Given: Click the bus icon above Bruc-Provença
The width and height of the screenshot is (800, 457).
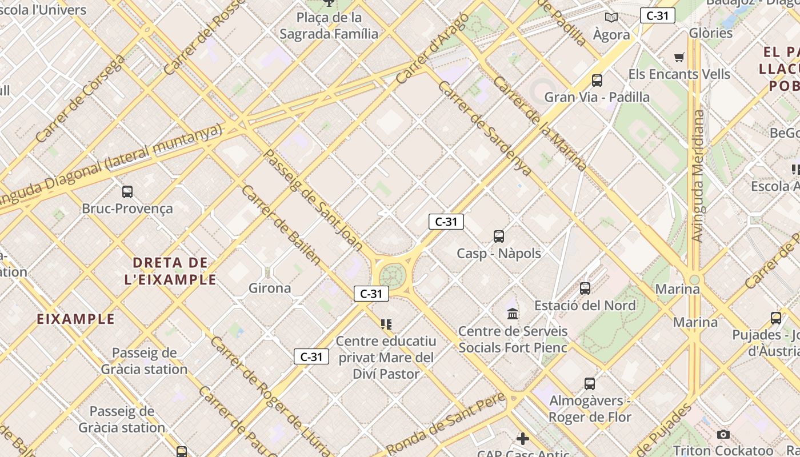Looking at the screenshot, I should (x=127, y=192).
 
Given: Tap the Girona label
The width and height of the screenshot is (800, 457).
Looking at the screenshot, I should (x=270, y=288).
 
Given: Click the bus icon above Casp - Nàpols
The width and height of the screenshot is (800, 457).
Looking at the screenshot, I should (x=499, y=236).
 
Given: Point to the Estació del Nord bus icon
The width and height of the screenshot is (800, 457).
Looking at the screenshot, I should (x=585, y=288).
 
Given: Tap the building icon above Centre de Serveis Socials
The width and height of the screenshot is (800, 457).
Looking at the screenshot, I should (x=513, y=314).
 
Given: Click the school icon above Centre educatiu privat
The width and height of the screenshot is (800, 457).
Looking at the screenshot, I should (x=386, y=324).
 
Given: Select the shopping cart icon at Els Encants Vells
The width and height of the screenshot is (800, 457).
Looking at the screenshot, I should (x=679, y=57).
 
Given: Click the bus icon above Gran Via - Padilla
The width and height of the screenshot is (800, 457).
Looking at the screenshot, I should (x=597, y=81).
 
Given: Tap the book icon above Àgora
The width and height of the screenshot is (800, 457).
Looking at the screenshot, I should (x=611, y=18).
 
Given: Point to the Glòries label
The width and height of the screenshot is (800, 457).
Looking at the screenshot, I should (x=710, y=33).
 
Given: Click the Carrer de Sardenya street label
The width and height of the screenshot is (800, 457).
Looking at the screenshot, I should (x=485, y=128).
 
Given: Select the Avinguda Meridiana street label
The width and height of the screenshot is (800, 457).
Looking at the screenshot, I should (x=698, y=176).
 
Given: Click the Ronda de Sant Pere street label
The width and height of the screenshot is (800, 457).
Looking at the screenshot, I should (x=446, y=423).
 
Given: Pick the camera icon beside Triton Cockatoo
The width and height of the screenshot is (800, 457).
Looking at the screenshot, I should (x=723, y=435).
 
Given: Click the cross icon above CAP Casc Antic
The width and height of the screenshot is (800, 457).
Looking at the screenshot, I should (x=522, y=439).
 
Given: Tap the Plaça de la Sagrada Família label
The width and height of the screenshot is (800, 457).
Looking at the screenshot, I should (x=329, y=26).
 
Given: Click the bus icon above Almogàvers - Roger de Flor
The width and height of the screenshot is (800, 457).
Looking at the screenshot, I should (x=590, y=384).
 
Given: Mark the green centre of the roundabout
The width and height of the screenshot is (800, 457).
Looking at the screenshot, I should (x=392, y=277).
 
